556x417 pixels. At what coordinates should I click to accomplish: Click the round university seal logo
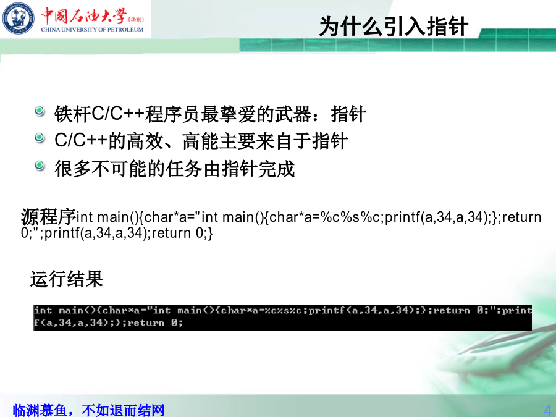point(19,19)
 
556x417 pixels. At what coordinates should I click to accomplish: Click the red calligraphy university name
point(83,15)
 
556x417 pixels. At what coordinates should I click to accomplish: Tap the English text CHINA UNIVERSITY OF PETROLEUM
point(92,30)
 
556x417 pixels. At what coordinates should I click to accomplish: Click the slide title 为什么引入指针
point(394,27)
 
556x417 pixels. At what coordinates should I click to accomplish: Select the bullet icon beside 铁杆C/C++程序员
point(40,111)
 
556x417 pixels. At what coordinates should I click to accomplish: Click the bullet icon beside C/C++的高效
point(40,138)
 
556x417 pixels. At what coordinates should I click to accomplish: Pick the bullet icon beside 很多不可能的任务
point(40,165)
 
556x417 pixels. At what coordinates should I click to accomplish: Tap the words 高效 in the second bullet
point(145,141)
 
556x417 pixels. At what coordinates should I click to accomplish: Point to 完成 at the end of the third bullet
point(277,169)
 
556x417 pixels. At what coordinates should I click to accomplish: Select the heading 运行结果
point(67,279)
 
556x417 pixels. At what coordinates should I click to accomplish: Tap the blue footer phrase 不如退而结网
point(123,410)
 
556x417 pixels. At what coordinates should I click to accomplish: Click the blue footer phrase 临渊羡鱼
point(40,410)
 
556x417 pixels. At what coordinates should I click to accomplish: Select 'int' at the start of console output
point(43,311)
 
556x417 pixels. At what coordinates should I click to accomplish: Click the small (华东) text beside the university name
point(136,20)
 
